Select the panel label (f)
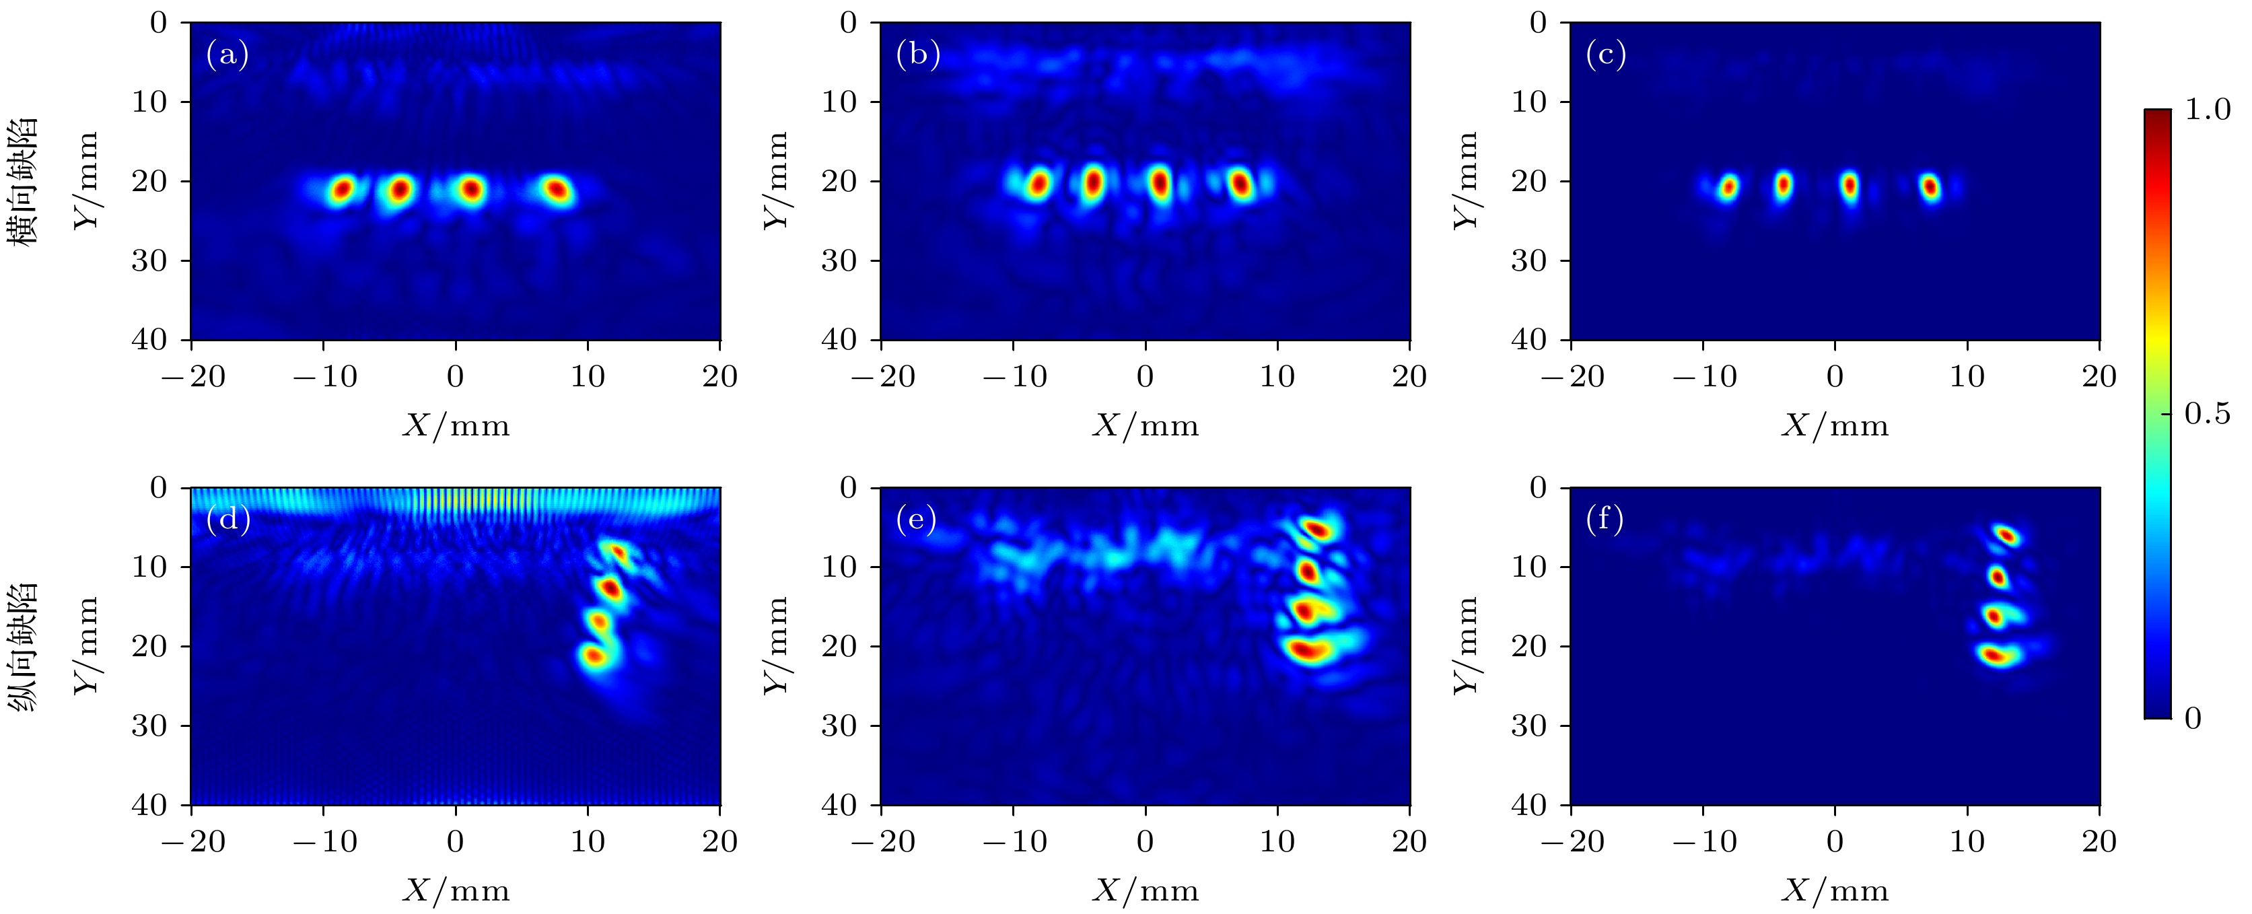coord(1605,520)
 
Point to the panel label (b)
coord(918,55)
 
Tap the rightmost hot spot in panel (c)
coord(1930,186)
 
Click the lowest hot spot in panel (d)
coord(594,655)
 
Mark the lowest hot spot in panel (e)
coord(1308,650)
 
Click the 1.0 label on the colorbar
coord(2208,110)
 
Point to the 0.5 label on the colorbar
coord(2208,414)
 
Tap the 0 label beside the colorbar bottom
coord(2193,718)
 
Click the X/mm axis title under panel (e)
coord(1146,890)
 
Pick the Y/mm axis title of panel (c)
coord(1466,181)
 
